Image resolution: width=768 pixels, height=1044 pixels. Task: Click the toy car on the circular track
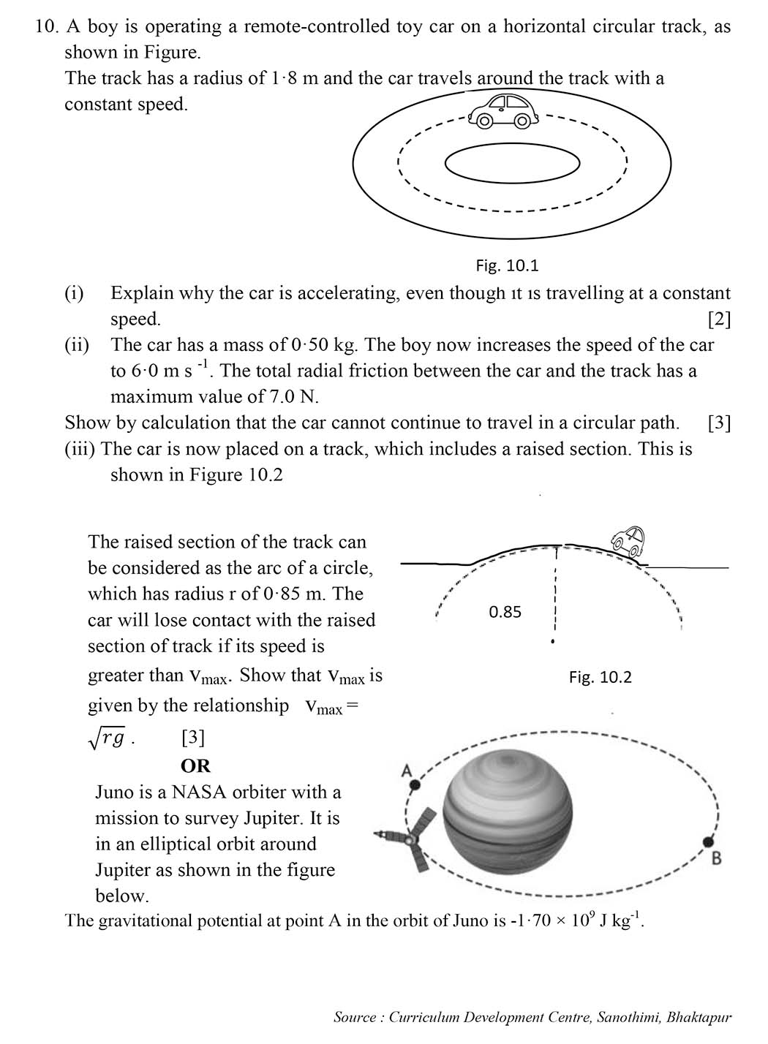(x=504, y=111)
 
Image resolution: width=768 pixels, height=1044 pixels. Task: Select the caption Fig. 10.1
(x=507, y=265)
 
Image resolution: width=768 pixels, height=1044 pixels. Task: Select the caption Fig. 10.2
(x=600, y=677)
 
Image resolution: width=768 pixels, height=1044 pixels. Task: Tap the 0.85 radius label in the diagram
(x=505, y=612)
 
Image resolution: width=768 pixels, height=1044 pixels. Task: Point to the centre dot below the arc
(x=553, y=643)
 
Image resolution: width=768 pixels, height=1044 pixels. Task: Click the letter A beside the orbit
(x=407, y=770)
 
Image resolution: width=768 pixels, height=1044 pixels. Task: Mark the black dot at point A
(x=415, y=785)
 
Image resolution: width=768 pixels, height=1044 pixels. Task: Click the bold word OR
(x=195, y=765)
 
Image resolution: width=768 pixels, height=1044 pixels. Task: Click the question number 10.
(x=46, y=26)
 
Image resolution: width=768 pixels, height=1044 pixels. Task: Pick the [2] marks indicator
(x=719, y=319)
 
